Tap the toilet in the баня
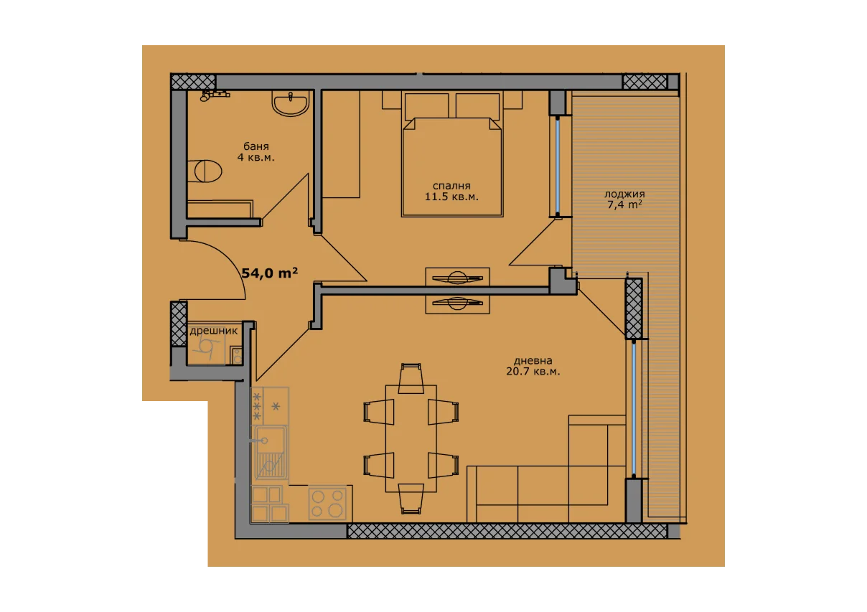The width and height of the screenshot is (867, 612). [x=205, y=171]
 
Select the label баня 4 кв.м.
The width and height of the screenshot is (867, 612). [x=256, y=152]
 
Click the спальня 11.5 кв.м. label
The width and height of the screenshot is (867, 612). [x=451, y=192]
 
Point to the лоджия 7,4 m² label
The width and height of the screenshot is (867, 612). [x=624, y=199]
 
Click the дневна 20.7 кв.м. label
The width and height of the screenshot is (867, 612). [x=533, y=367]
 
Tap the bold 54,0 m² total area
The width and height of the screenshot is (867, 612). [x=270, y=273]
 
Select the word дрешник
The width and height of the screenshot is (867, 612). [x=214, y=331]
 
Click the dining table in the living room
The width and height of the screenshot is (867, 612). [x=411, y=438]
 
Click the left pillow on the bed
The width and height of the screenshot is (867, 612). [x=426, y=105]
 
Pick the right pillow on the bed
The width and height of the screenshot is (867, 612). [x=477, y=105]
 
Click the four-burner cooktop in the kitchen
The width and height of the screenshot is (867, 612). [x=327, y=503]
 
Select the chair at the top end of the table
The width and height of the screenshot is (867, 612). [x=411, y=378]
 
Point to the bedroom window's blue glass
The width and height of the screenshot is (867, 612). [x=558, y=166]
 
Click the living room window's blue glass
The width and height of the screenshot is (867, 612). [x=634, y=408]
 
